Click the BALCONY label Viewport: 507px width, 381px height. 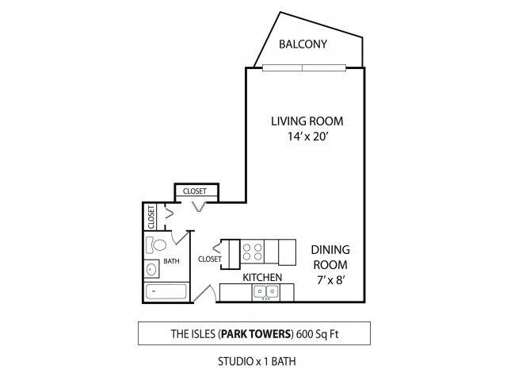click(303, 44)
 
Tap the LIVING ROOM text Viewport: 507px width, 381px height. click(307, 121)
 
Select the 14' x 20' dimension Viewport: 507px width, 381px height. click(308, 137)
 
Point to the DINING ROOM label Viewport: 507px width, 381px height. click(330, 257)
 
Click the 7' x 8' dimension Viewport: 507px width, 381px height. click(330, 279)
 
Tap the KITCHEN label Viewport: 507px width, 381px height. click(262, 277)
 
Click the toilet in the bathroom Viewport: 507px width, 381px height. click(155, 245)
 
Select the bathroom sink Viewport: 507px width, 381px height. click(151, 268)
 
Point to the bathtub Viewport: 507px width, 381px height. click(166, 291)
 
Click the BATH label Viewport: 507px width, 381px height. click(171, 261)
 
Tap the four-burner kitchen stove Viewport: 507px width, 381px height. click(252, 252)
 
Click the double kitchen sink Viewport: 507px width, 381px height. click(266, 292)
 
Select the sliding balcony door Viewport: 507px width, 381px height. click(304, 67)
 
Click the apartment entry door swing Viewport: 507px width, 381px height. click(204, 293)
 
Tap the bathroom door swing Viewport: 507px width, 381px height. click(180, 237)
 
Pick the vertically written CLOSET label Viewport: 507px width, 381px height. click(151, 217)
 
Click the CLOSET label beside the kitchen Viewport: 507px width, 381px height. click(209, 259)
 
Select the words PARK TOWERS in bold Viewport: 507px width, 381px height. click(256, 333)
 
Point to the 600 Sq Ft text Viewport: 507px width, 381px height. click(317, 333)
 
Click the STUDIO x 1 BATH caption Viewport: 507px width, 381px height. click(257, 361)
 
